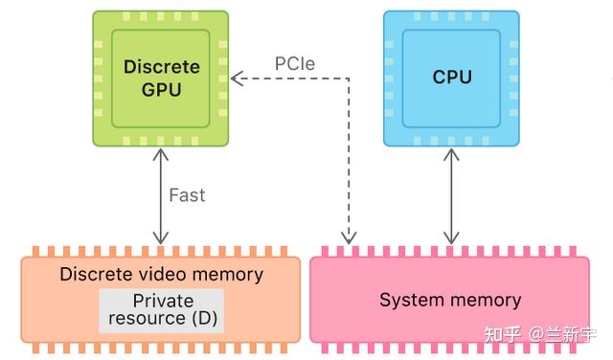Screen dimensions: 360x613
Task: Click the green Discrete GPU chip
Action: point(161,79)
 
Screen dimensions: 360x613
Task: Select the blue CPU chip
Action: point(451,79)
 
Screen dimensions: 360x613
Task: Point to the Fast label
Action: point(187,195)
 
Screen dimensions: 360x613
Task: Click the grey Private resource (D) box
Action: point(161,310)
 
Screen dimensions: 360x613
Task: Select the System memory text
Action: point(450,300)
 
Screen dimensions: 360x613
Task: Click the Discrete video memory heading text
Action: point(161,275)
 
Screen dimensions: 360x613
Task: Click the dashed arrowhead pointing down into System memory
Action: point(350,237)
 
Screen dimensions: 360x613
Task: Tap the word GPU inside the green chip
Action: point(161,90)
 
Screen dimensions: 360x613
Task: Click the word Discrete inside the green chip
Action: point(161,67)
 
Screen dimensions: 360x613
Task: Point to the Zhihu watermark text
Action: point(551,335)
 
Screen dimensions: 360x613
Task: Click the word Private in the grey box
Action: point(162,301)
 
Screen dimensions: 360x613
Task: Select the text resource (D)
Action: point(161,318)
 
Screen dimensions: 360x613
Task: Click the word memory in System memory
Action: point(487,300)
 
